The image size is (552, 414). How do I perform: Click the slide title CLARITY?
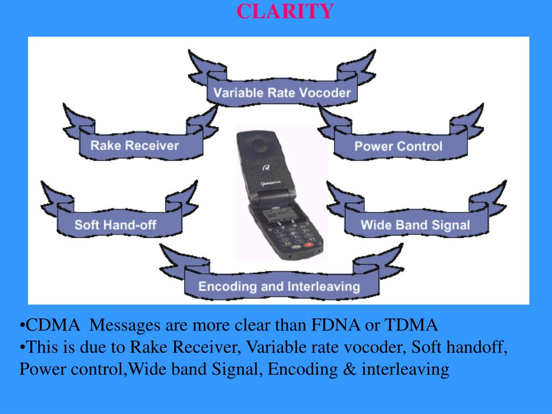(285, 11)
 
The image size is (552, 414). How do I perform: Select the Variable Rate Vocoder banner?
(282, 92)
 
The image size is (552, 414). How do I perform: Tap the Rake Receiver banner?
(134, 145)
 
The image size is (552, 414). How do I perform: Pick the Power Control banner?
(398, 146)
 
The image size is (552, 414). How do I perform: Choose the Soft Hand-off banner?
(115, 224)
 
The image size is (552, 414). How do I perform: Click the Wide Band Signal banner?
(415, 225)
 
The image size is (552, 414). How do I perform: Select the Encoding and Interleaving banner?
(279, 286)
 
